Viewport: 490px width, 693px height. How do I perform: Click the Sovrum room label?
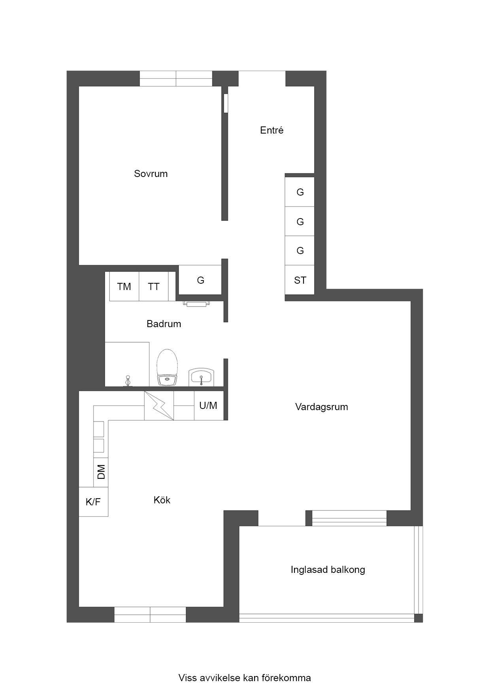pyautogui.click(x=151, y=174)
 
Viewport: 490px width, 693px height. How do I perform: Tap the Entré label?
pyautogui.click(x=271, y=130)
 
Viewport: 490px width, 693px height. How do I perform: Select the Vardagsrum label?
pyautogui.click(x=321, y=407)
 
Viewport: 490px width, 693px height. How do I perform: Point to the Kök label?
pyautogui.click(x=162, y=500)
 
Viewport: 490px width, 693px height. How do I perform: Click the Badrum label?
pyautogui.click(x=164, y=324)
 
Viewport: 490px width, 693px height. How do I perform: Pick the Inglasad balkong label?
pyautogui.click(x=328, y=570)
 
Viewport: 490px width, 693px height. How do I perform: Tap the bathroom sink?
pyautogui.click(x=201, y=377)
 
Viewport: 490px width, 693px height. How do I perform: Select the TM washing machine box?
pyautogui.click(x=124, y=286)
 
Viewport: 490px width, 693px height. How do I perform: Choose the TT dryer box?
pyautogui.click(x=154, y=286)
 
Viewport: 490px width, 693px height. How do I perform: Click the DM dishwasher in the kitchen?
pyautogui.click(x=101, y=472)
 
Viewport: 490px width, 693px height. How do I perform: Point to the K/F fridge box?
pyautogui.click(x=93, y=502)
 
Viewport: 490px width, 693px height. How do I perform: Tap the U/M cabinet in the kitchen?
pyautogui.click(x=209, y=405)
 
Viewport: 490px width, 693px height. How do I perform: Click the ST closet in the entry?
pyautogui.click(x=300, y=280)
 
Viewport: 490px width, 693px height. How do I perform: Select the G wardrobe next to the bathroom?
pyautogui.click(x=200, y=280)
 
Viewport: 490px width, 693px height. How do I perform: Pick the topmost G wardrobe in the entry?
pyautogui.click(x=300, y=192)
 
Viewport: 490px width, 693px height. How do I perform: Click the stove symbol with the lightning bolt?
pyautogui.click(x=159, y=405)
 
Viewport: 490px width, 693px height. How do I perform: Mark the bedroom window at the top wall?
pyautogui.click(x=176, y=79)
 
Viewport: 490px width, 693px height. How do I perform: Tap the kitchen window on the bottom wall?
pyautogui.click(x=150, y=614)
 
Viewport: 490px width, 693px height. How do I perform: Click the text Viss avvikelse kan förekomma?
pyautogui.click(x=245, y=678)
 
